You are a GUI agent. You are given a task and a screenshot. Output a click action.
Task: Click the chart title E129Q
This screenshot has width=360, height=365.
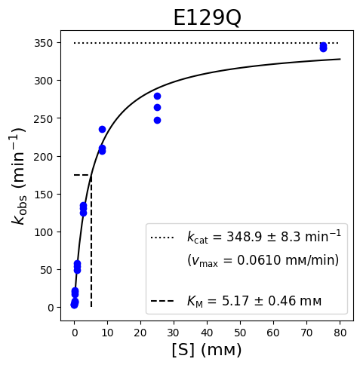pos(207,18)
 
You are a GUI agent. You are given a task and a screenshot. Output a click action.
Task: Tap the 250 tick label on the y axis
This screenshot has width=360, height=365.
pos(43,119)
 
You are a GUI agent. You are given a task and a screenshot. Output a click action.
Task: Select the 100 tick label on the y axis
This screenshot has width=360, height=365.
pos(43,232)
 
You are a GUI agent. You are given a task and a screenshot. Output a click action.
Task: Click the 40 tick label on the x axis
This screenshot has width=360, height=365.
pos(207,333)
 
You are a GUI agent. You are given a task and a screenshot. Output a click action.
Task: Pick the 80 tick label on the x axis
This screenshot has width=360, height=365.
pos(340,333)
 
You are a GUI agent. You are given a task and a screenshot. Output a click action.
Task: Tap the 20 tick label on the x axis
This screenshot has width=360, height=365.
pos(140,333)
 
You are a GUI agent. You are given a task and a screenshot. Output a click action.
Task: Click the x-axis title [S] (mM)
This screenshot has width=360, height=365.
pos(207,350)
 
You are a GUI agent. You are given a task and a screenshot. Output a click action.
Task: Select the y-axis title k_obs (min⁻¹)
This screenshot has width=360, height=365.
pos(19,176)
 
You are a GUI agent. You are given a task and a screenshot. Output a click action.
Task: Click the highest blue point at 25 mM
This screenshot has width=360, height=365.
pos(157,96)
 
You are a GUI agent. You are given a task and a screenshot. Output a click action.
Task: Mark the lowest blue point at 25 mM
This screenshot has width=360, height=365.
pos(157,121)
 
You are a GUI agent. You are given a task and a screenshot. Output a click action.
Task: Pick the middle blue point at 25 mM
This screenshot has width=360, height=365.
pos(157,108)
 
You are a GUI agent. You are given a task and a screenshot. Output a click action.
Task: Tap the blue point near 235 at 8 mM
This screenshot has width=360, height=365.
pos(102,130)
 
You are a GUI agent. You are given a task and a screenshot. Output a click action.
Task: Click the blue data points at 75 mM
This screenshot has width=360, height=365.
pos(323,47)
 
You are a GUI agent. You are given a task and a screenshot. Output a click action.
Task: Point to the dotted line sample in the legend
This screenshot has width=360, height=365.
pos(162,238)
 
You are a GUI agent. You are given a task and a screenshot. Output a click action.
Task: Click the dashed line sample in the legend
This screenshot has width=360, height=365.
pos(162,301)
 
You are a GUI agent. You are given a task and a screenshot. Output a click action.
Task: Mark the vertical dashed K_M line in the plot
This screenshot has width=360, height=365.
pos(91,241)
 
